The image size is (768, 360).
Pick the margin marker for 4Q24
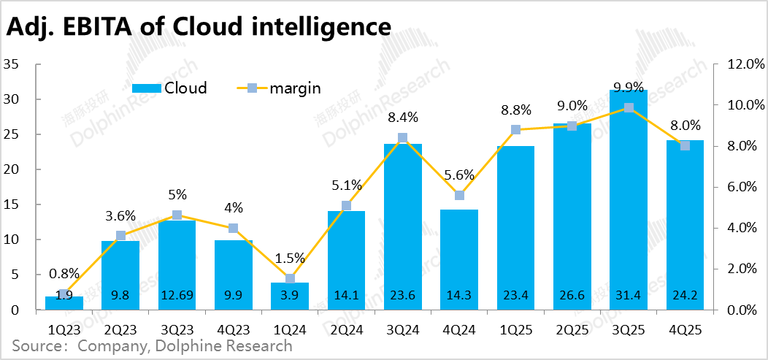(x=459, y=195)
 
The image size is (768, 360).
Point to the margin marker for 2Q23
(x=120, y=236)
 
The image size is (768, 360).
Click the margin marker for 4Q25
(x=685, y=146)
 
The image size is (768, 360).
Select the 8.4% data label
(x=403, y=116)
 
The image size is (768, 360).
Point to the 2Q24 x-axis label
(x=346, y=330)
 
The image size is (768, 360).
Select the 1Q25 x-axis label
(x=515, y=330)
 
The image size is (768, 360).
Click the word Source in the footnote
(x=37, y=346)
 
